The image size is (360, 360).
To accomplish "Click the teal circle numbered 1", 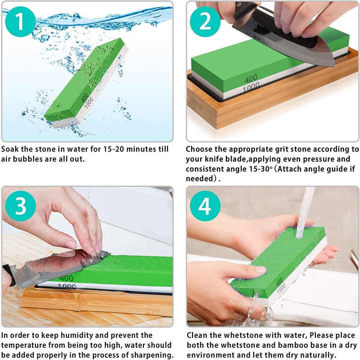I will tap(20, 21).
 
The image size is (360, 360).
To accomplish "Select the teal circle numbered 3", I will tap(20, 206).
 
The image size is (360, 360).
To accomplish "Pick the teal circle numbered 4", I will tap(205, 206).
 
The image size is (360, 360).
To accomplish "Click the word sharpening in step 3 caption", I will tap(151, 355).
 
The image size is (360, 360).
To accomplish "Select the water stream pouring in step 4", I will tap(305, 212).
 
